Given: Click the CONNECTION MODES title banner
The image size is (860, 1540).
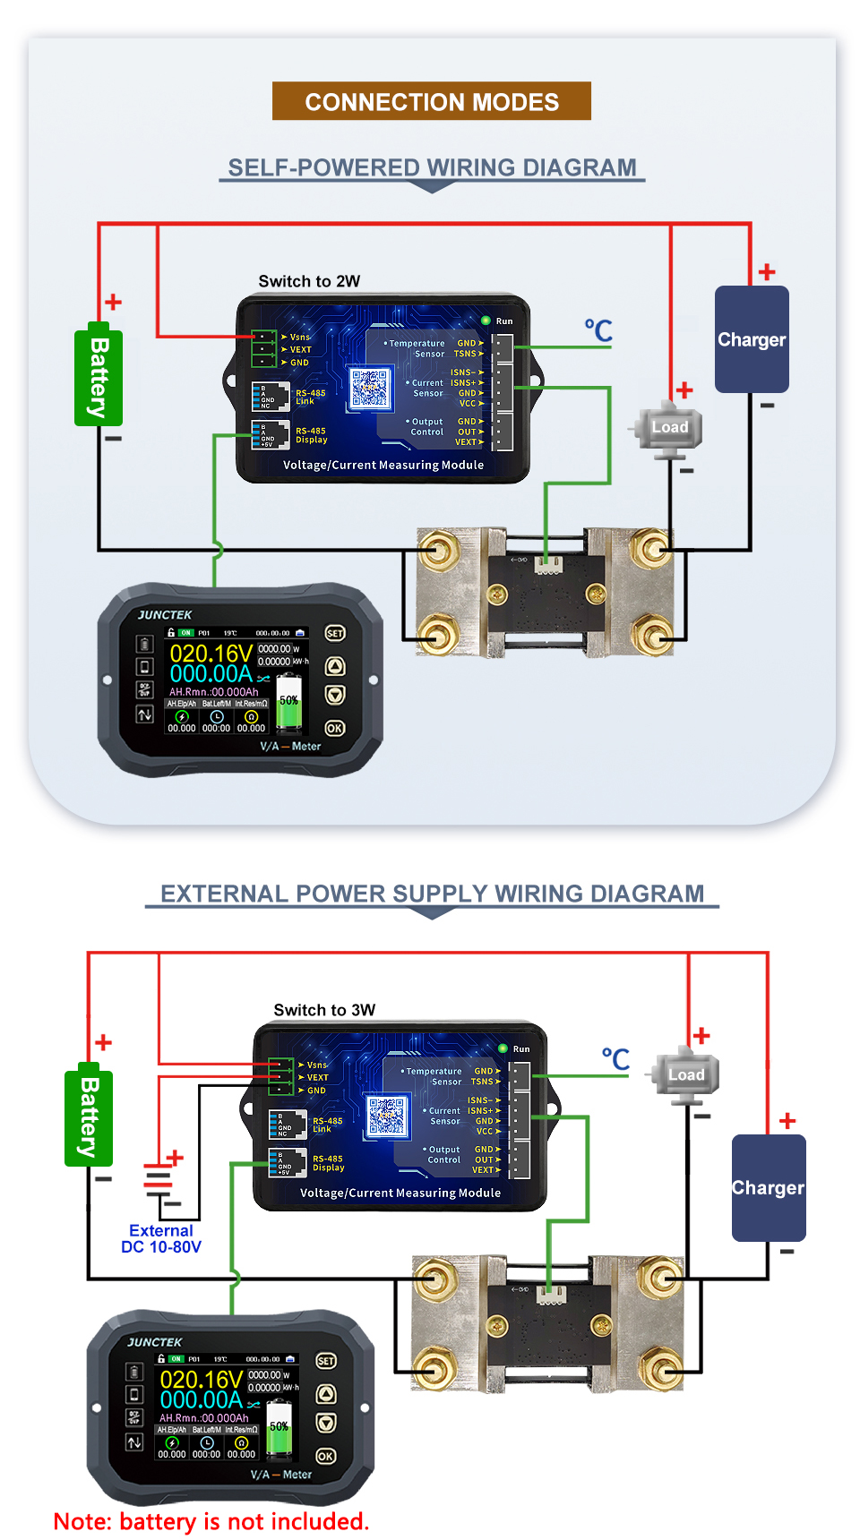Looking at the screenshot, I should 431,101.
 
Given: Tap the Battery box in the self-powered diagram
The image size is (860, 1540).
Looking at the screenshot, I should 99,376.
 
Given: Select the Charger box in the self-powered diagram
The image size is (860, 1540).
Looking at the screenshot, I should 752,339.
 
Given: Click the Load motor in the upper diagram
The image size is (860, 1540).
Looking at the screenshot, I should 669,429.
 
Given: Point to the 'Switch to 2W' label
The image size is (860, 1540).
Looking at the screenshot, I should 309,281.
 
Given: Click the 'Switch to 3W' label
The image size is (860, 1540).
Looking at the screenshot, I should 324,1010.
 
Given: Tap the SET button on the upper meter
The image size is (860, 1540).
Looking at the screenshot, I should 335,633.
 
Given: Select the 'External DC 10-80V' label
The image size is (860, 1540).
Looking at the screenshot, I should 161,1239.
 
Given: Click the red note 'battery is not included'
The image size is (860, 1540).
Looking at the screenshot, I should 211,1521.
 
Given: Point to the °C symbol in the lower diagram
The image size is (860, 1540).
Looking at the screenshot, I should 615,1059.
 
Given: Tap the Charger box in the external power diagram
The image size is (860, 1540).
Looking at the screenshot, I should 768,1188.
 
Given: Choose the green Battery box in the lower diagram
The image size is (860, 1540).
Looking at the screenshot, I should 89,1117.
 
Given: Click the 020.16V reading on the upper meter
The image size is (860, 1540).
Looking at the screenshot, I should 211,653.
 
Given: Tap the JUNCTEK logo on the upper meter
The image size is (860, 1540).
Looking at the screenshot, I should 165,615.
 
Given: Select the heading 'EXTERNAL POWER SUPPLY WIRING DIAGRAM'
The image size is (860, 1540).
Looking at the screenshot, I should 432,894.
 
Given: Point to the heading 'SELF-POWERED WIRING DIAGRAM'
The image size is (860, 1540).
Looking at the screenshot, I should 432,167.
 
